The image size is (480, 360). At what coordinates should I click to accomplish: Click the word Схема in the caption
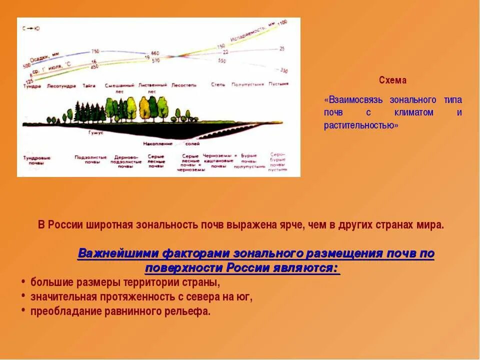(392, 80)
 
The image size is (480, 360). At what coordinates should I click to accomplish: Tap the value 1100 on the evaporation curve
(282, 23)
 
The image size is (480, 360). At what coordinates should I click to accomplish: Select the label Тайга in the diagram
(89, 85)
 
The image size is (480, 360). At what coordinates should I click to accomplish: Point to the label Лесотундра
(61, 85)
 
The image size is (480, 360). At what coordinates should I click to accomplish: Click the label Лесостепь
(184, 85)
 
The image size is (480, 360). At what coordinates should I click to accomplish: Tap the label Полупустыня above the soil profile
(247, 84)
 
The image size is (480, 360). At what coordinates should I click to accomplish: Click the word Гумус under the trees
(95, 132)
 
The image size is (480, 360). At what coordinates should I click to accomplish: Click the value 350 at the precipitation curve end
(284, 70)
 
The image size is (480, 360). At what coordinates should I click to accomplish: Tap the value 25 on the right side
(282, 49)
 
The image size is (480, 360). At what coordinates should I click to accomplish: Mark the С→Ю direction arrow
(31, 28)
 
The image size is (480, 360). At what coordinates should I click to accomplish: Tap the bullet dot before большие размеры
(23, 281)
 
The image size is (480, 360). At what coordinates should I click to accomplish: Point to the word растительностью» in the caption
(361, 125)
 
